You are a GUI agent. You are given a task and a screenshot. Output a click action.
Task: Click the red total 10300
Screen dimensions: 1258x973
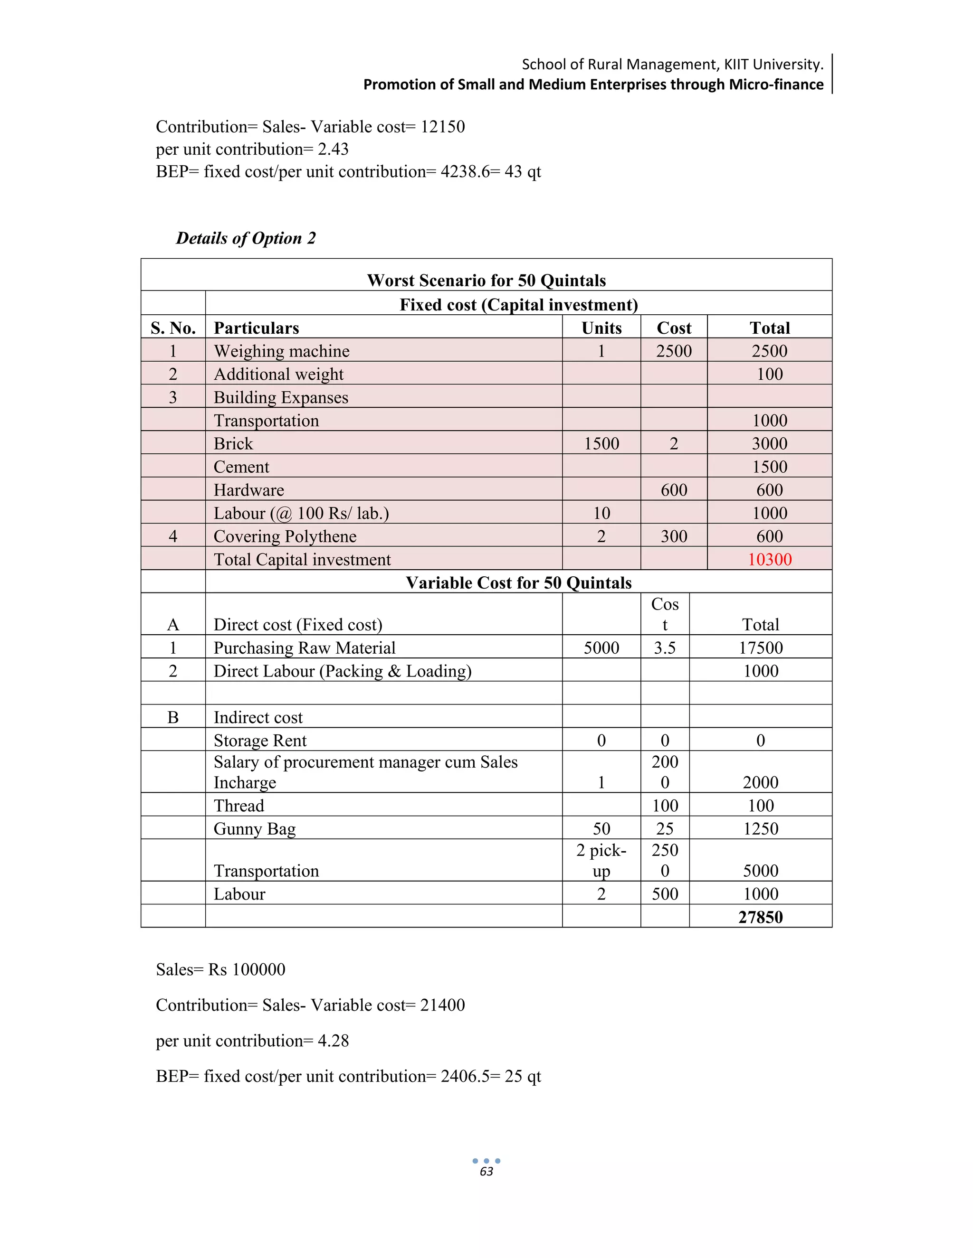769,559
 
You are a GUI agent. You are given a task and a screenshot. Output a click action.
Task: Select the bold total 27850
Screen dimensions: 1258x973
760,917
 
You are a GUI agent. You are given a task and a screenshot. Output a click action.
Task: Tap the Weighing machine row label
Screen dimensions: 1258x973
281,351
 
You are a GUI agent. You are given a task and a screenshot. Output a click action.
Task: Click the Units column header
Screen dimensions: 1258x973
601,328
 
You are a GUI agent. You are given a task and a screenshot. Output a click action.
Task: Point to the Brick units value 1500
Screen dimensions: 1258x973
601,443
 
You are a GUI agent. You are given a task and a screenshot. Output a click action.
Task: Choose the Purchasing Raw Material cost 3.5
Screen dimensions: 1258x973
665,648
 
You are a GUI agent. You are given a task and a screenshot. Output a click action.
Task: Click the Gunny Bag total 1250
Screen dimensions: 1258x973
760,829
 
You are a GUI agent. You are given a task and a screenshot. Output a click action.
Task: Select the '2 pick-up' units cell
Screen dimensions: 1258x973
601,861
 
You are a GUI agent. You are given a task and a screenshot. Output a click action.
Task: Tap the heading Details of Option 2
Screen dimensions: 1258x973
246,238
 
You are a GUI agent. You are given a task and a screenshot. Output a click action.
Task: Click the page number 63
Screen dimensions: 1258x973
486,1172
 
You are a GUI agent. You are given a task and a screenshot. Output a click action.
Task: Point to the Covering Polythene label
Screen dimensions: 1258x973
285,536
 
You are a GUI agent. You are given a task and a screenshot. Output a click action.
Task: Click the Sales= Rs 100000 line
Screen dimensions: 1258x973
221,969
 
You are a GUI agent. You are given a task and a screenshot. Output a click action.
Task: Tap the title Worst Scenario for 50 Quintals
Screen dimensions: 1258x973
486,281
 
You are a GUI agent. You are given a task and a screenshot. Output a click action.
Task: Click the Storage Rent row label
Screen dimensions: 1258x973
260,740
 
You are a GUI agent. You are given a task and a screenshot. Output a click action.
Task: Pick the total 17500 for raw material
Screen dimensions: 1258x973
760,648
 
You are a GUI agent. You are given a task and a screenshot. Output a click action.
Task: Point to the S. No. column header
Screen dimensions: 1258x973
173,328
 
